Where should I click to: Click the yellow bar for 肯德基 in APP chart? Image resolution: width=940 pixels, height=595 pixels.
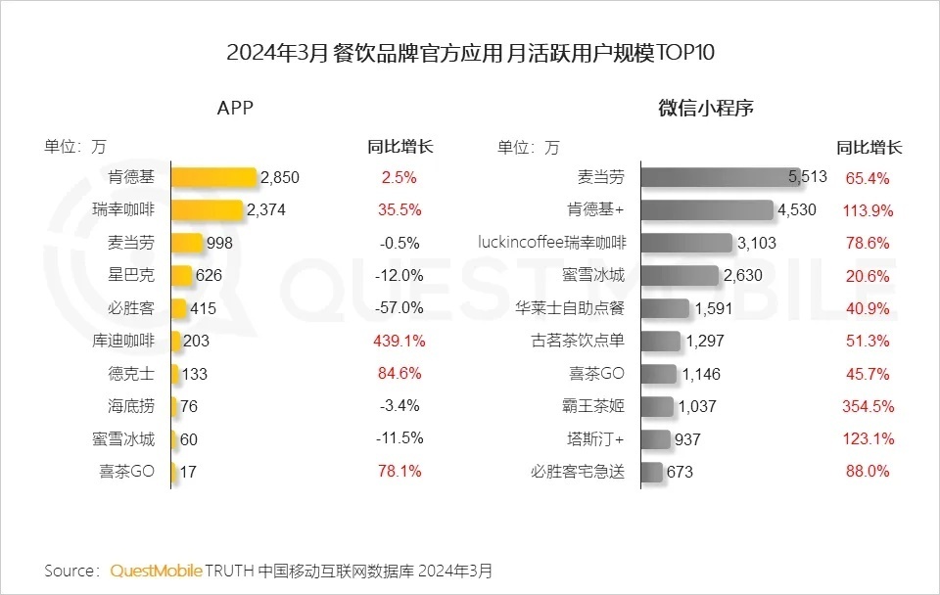pos(213,177)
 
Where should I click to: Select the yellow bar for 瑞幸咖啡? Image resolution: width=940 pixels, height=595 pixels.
pos(207,209)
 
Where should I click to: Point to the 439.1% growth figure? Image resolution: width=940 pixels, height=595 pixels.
pos(398,341)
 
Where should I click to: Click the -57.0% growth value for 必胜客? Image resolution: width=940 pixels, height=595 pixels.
pos(399,308)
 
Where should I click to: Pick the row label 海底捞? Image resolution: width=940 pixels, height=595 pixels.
pos(131,406)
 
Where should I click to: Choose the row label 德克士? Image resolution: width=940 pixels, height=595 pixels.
pos(131,374)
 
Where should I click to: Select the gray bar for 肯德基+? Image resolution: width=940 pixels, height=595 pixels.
pos(706,209)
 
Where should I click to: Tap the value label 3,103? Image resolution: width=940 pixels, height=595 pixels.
pos(757,243)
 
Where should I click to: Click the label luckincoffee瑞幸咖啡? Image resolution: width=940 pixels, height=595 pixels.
pos(551,242)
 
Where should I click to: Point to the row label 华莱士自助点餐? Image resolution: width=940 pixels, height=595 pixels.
pos(569,308)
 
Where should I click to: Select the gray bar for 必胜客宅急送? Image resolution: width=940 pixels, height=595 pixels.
pos(651,472)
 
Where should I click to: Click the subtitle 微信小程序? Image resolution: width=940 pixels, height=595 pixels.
pos(705,109)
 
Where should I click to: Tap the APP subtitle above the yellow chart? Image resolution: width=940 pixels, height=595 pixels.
pos(235,109)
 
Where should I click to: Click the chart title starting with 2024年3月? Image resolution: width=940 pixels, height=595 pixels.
pos(470,52)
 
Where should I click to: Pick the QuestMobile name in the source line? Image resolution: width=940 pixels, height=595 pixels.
pos(157,570)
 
